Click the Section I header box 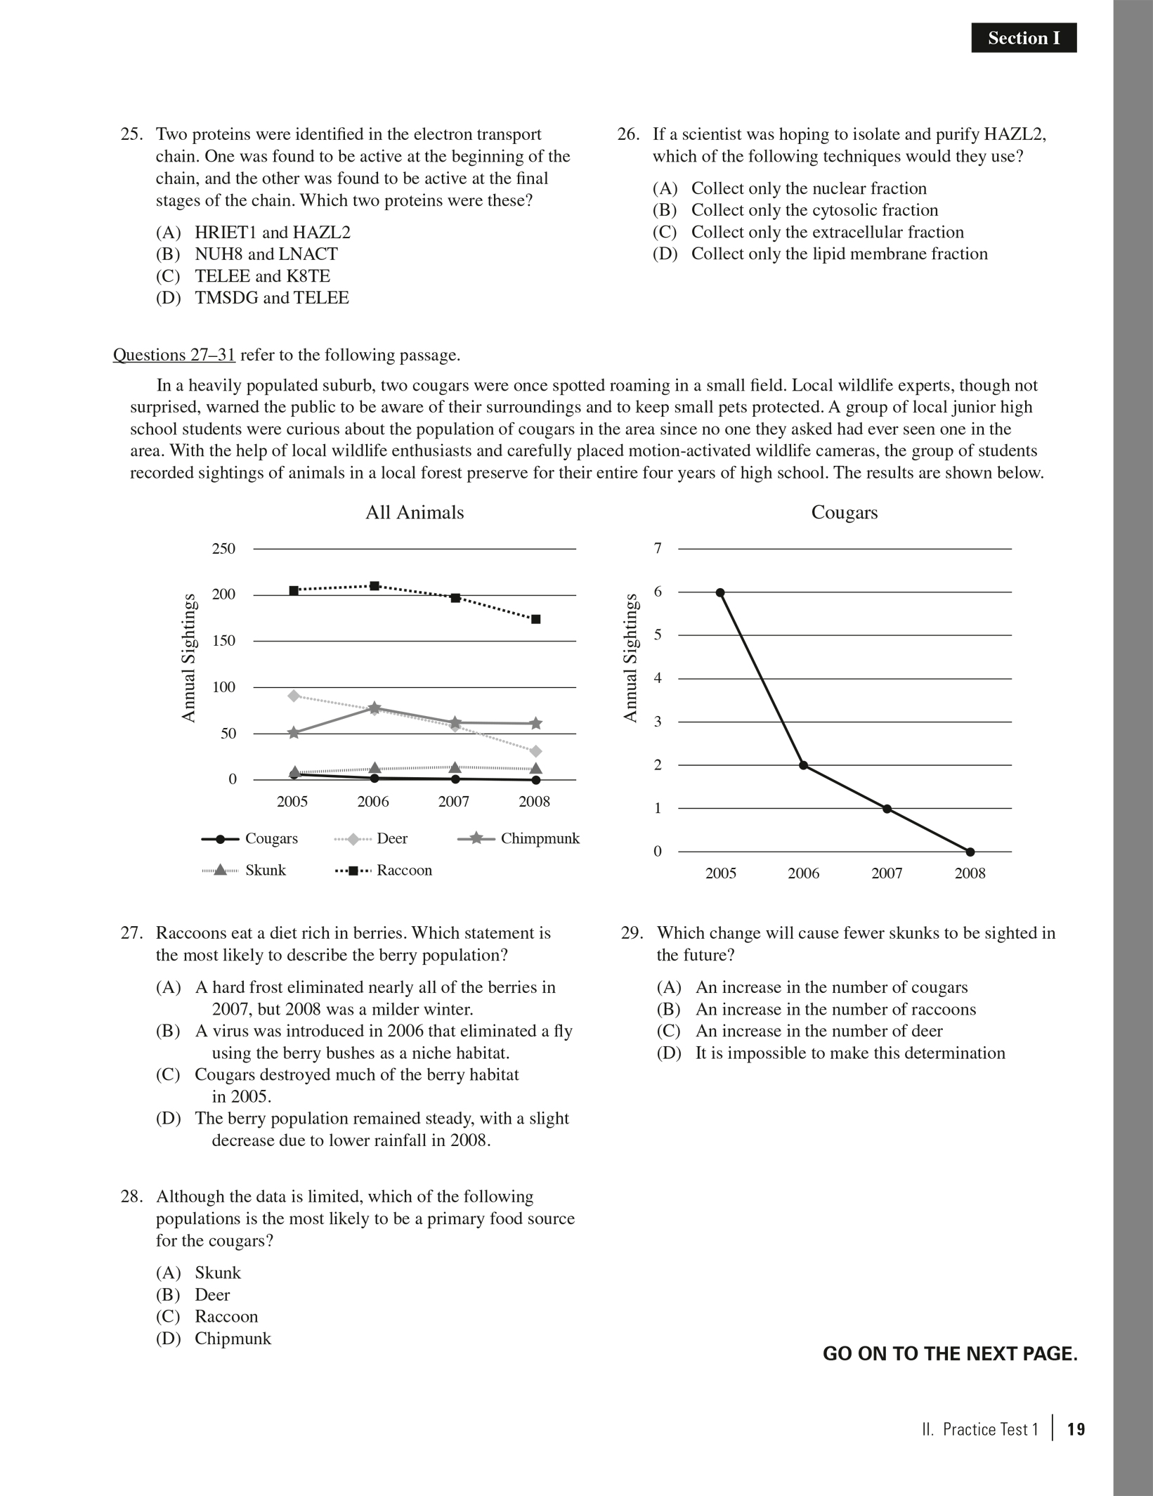pyautogui.click(x=1023, y=38)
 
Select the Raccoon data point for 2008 pyautogui.click(x=535, y=619)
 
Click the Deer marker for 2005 pyautogui.click(x=294, y=696)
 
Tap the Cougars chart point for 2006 pyautogui.click(x=803, y=765)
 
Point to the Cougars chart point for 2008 pyautogui.click(x=970, y=852)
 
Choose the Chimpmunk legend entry pyautogui.click(x=519, y=838)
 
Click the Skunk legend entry pyautogui.click(x=245, y=870)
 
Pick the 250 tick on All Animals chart pyautogui.click(x=223, y=548)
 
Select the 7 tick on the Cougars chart pyautogui.click(x=658, y=548)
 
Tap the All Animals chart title pyautogui.click(x=415, y=512)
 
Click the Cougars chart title pyautogui.click(x=844, y=512)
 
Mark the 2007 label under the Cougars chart pyautogui.click(x=887, y=873)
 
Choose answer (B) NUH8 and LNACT pyautogui.click(x=247, y=254)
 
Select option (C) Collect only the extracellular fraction pyautogui.click(x=808, y=232)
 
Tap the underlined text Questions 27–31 pyautogui.click(x=174, y=355)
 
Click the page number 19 pyautogui.click(x=1076, y=1429)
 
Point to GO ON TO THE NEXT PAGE pyautogui.click(x=949, y=1354)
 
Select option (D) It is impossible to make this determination pyautogui.click(x=830, y=1053)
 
